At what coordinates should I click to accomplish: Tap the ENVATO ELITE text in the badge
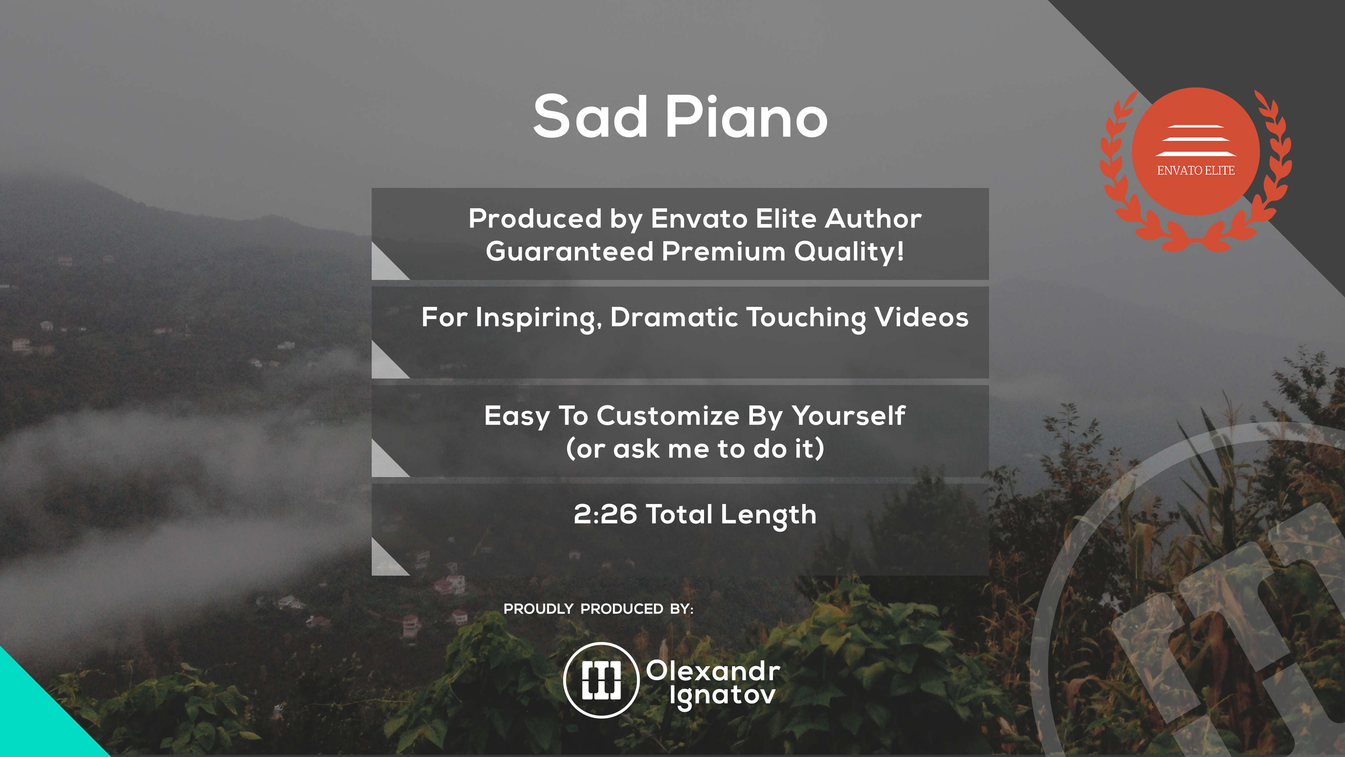point(1196,170)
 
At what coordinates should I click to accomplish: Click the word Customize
point(668,416)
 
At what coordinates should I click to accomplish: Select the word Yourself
point(849,416)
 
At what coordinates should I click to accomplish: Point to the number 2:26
point(605,514)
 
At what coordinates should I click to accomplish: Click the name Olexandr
point(713,671)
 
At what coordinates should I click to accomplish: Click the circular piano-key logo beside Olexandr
point(602,680)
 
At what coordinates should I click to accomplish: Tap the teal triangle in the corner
point(36,721)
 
